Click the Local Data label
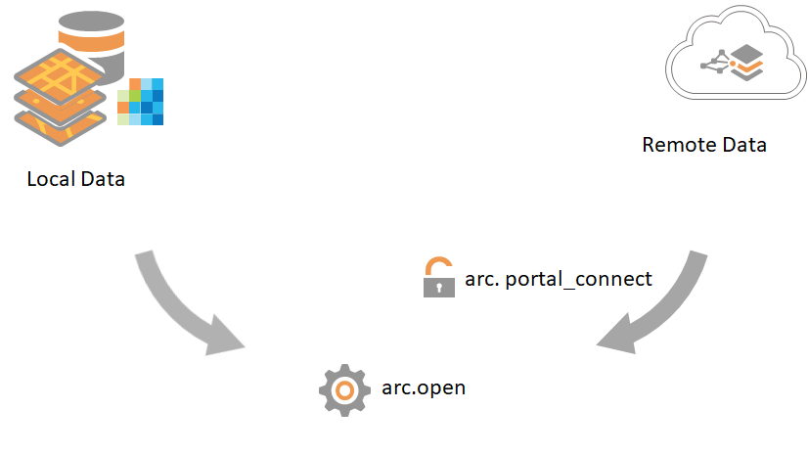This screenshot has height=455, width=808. click(76, 180)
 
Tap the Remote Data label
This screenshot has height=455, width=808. click(703, 145)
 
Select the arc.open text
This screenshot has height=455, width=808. click(424, 388)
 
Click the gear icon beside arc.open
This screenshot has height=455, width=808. click(343, 389)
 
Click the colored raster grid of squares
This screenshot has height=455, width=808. click(140, 102)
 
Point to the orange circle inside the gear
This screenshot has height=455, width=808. click(343, 389)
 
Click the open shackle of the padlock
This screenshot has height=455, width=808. click(439, 265)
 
